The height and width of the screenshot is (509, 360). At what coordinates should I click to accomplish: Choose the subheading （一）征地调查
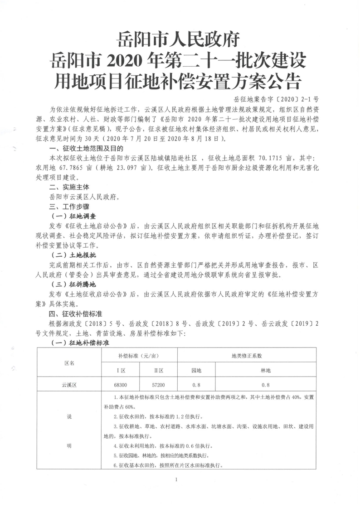(x=75, y=215)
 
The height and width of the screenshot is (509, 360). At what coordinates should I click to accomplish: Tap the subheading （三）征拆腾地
(x=75, y=284)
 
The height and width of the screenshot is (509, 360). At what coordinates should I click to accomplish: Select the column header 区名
(x=70, y=363)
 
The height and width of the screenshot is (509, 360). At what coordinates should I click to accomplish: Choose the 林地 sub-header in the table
(x=266, y=371)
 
